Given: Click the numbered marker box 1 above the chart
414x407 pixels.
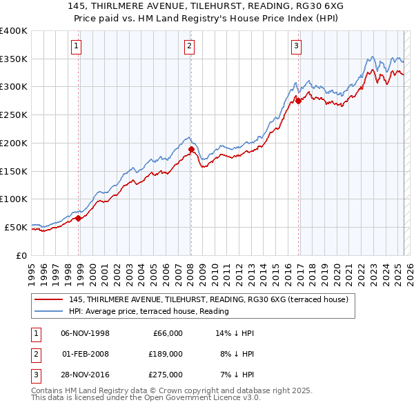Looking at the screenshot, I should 75,47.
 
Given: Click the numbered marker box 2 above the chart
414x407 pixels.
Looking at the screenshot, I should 188,47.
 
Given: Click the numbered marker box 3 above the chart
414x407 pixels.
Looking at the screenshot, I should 296,47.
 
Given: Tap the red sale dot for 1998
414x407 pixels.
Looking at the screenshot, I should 79,218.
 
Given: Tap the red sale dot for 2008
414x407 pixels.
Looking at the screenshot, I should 191,148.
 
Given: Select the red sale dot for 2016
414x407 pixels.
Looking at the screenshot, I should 299,101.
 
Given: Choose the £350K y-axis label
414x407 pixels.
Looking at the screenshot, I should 14,59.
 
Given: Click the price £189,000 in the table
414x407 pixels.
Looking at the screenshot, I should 166,354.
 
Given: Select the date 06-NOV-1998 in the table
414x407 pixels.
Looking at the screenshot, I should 86,333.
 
